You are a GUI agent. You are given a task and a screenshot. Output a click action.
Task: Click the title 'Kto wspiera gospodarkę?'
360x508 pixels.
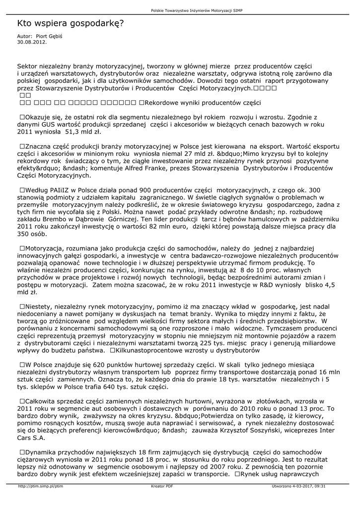71,23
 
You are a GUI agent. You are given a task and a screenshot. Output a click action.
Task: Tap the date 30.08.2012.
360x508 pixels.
32,42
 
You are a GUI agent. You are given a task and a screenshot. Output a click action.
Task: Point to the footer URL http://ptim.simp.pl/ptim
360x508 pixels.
41,487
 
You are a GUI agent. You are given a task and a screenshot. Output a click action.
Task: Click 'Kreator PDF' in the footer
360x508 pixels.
162,487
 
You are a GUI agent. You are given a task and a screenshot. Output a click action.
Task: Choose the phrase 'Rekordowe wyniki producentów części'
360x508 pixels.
203,103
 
